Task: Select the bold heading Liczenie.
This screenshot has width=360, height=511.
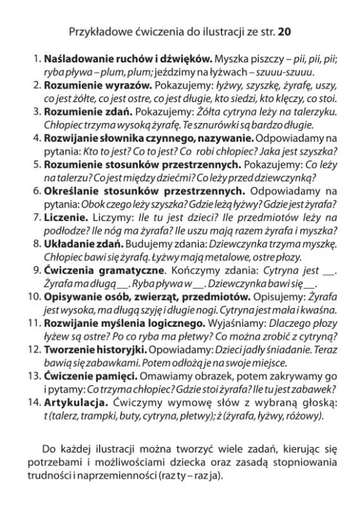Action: [65, 217]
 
